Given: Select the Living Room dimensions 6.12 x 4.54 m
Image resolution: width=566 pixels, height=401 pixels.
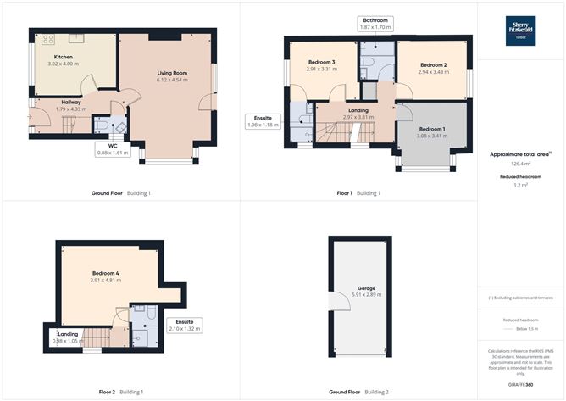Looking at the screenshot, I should click(x=171, y=81).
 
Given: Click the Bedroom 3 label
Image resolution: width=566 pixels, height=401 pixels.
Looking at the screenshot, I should click(x=321, y=63).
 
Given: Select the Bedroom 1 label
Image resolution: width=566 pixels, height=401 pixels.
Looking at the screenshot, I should click(x=431, y=129).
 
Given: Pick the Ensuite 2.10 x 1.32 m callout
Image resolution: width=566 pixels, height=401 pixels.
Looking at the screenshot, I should click(x=185, y=325).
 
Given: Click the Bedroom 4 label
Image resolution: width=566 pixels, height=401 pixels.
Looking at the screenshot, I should click(x=106, y=273).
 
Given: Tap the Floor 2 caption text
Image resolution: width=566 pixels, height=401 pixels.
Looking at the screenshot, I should click(x=107, y=393).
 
